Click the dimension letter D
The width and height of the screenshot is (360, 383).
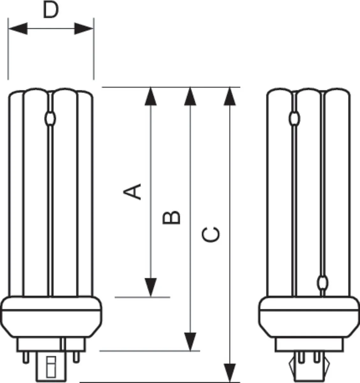coord(51,10)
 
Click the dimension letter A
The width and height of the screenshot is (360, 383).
coord(132,191)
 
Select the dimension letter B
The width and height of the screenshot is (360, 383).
coord(171,218)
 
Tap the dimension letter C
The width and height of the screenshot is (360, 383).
coord(211,235)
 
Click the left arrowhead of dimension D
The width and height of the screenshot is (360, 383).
coord(18,29)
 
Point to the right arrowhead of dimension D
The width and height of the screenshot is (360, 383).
coord(84,29)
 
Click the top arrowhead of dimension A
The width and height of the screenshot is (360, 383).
coord(151,96)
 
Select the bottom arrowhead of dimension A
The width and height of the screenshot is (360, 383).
coord(151,287)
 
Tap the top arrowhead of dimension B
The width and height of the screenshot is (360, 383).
coord(190,96)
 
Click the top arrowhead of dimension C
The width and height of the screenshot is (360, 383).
coord(230,96)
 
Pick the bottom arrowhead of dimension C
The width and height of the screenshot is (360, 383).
coord(230,372)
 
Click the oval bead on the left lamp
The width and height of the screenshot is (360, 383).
coord(50,118)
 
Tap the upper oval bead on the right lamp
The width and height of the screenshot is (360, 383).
coord(294,118)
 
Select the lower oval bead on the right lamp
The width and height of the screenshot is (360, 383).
coord(323,283)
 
